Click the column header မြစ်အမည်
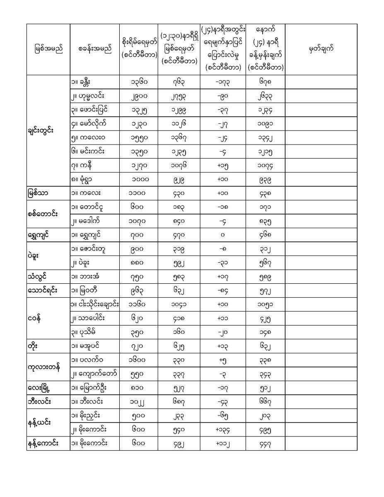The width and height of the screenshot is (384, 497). pyautogui.click(x=48, y=49)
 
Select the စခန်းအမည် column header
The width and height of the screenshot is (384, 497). pyautogui.click(x=94, y=49)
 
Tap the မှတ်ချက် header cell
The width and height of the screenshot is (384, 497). pyautogui.click(x=321, y=49)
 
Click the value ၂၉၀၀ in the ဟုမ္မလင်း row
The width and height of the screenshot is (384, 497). pyautogui.click(x=138, y=96)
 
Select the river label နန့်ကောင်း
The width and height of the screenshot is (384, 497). pyautogui.click(x=43, y=443)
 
